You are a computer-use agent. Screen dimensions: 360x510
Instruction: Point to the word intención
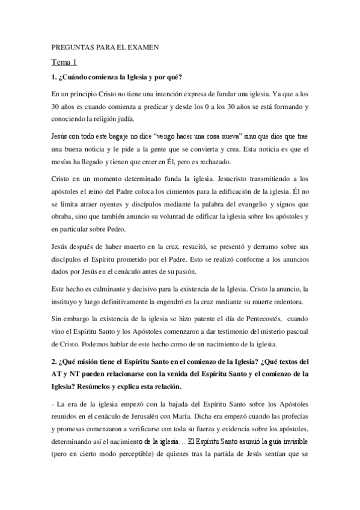pos(170,94)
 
